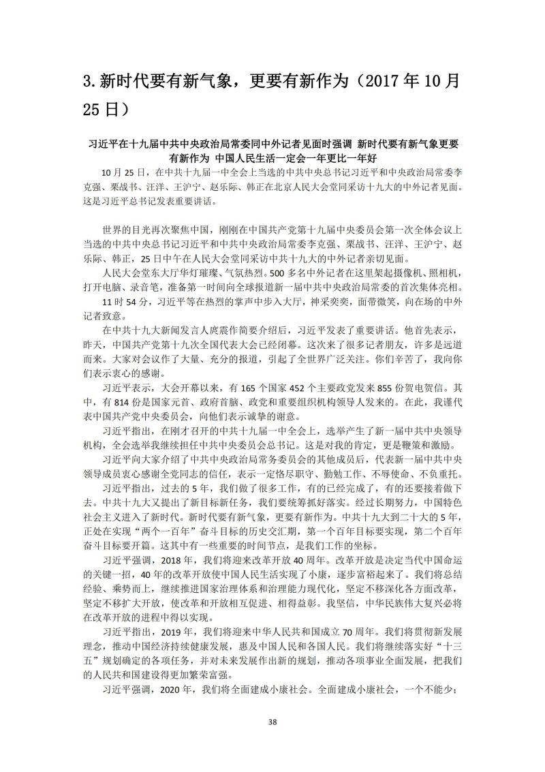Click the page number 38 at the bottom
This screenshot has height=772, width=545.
coord(272,722)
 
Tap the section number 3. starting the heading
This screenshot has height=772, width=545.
coord(91,81)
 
